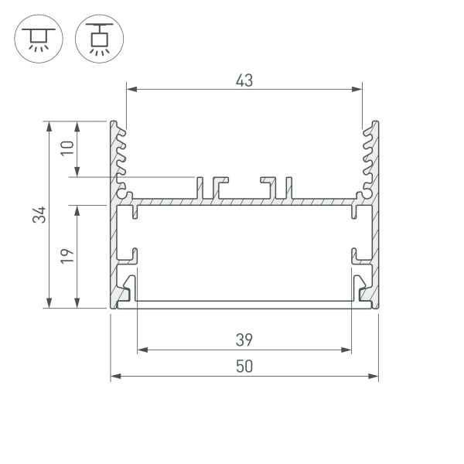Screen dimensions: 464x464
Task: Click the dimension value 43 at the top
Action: pyautogui.click(x=244, y=79)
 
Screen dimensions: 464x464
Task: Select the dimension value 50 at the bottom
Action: pyautogui.click(x=244, y=367)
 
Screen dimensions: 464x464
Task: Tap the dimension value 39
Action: pyautogui.click(x=244, y=339)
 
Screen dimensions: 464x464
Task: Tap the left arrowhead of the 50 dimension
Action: pyautogui.click(x=114, y=377)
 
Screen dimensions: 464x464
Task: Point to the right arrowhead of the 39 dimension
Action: pyautogui.click(x=348, y=350)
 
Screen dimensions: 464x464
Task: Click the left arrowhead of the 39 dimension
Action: pyautogui.click(x=141, y=350)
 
